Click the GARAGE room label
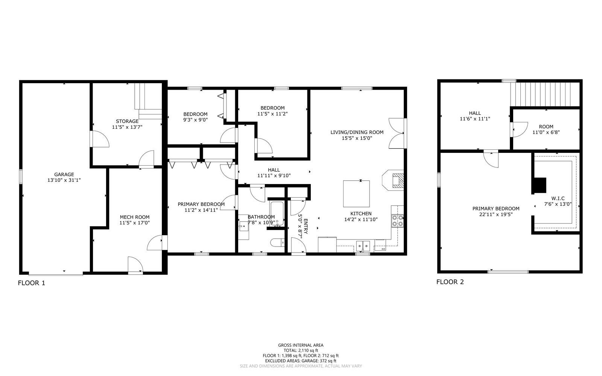click(x=64, y=174)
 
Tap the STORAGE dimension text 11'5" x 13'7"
click(x=127, y=127)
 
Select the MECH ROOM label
click(x=134, y=217)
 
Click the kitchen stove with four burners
click(x=398, y=221)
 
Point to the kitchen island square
click(x=356, y=193)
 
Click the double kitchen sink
click(x=363, y=246)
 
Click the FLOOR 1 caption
click(x=32, y=283)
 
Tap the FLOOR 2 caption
click(x=450, y=282)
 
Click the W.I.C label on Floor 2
click(x=558, y=198)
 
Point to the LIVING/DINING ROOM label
click(x=357, y=132)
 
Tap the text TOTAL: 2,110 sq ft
click(x=301, y=350)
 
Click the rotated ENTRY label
click(x=306, y=226)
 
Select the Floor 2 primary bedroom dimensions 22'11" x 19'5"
click(x=496, y=214)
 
